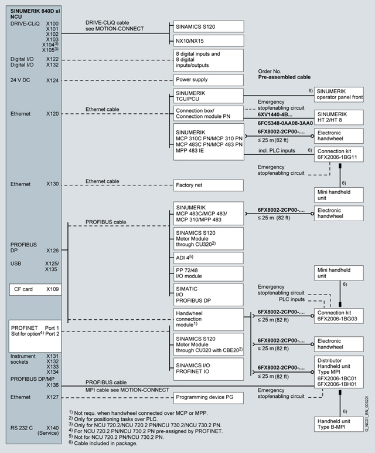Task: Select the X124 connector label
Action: [x=52, y=79]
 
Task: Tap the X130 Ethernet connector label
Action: [x=52, y=184]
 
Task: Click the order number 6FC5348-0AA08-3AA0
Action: [x=284, y=124]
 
